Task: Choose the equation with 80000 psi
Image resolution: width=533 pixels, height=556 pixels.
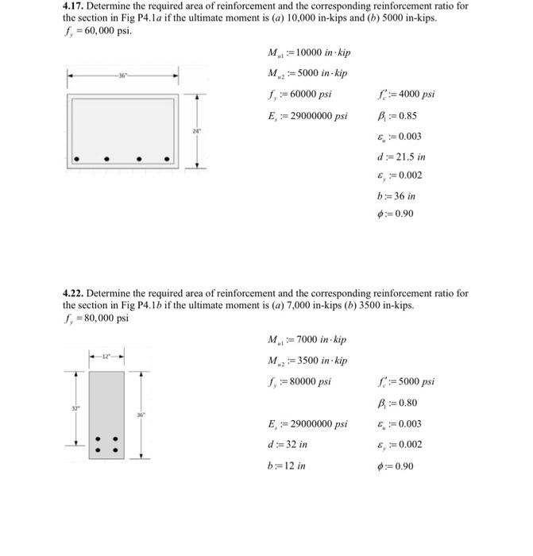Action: pyautogui.click(x=299, y=381)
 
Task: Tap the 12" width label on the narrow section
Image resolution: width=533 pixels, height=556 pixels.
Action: pyautogui.click(x=106, y=356)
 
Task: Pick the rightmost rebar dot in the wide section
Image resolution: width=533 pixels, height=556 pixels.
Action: pyautogui.click(x=167, y=159)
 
